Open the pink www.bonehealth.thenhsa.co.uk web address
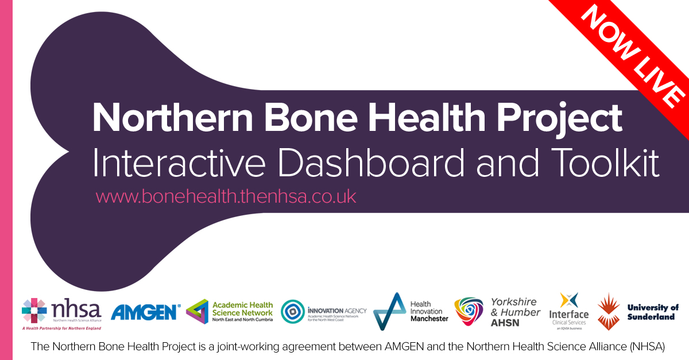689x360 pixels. [226, 196]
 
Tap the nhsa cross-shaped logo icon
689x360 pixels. [34, 311]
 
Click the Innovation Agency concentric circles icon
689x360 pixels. [292, 312]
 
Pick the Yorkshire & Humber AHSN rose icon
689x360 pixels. [469, 311]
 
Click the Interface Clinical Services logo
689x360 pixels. [568, 310]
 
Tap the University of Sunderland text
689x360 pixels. [652, 312]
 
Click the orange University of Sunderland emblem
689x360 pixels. [609, 311]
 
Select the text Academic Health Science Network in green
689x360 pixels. [242, 308]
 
